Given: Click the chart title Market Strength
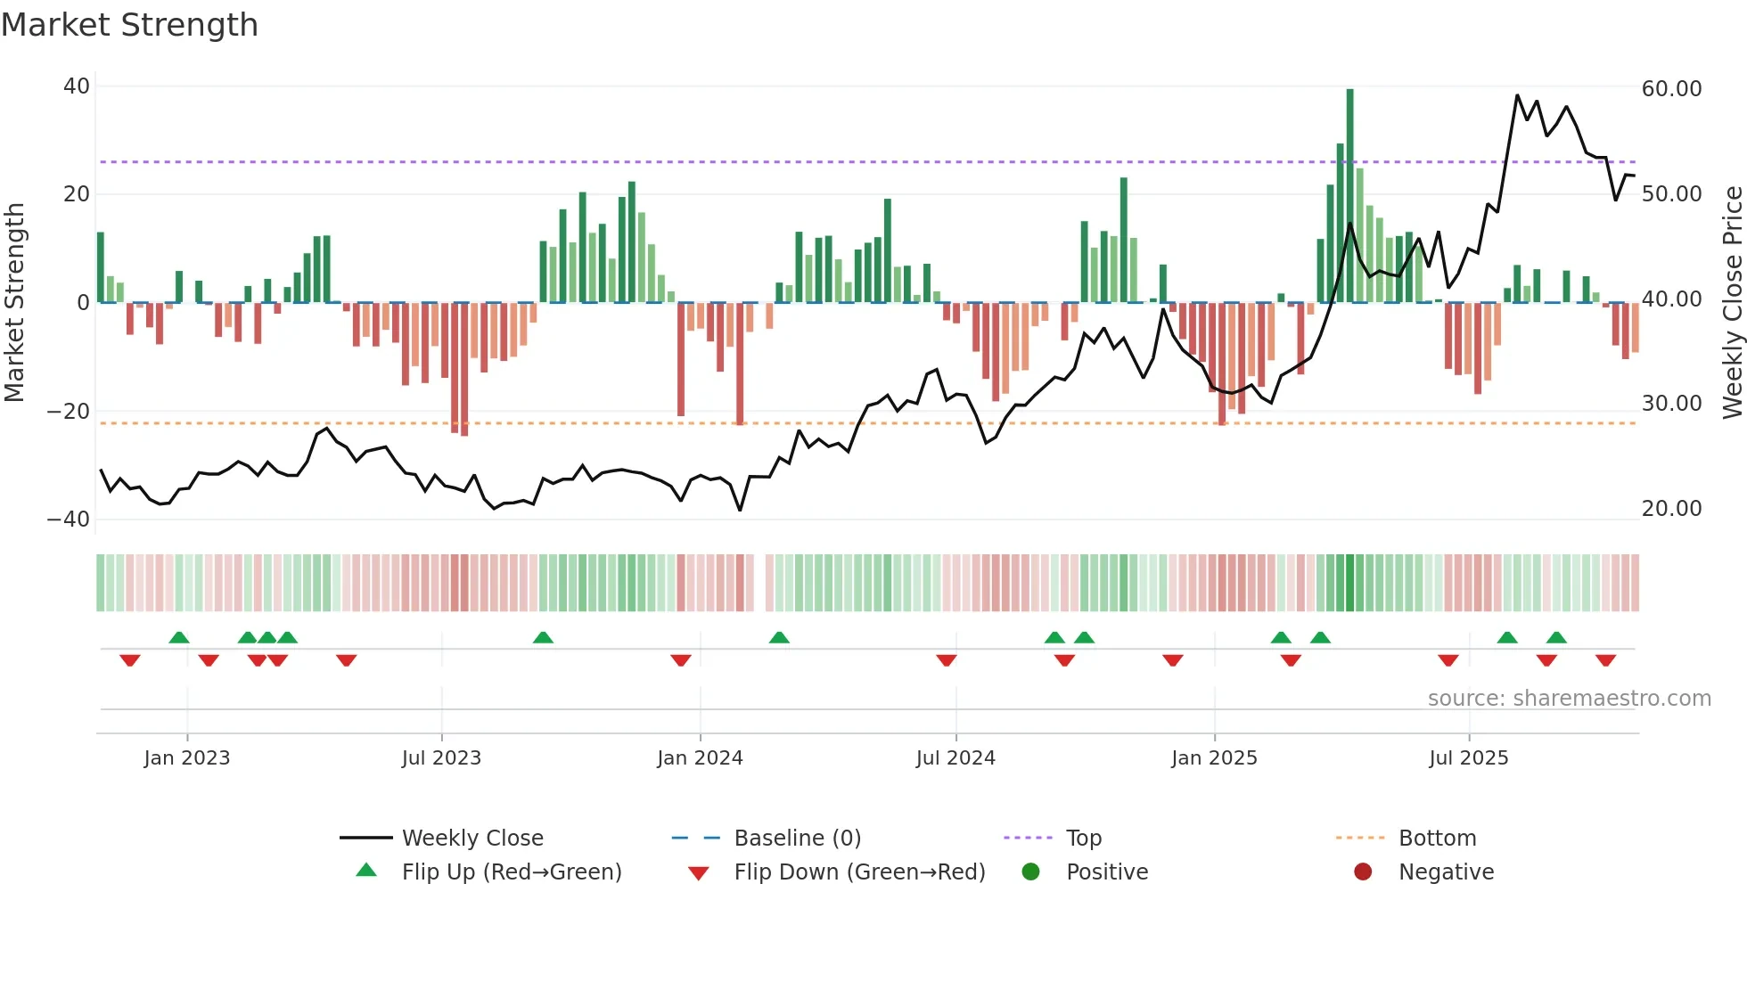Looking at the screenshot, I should pyautogui.click(x=129, y=25).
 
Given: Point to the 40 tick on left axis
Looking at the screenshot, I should pyautogui.click(x=77, y=86).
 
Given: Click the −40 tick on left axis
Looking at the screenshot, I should pyautogui.click(x=69, y=519).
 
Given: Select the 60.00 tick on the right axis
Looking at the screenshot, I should pyautogui.click(x=1671, y=88).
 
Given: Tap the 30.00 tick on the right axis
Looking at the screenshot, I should pyautogui.click(x=1671, y=404).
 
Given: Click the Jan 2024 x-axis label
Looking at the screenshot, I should pyautogui.click(x=700, y=758).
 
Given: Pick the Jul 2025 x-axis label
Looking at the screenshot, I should pyautogui.click(x=1468, y=758).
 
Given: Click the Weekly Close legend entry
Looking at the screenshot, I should pyautogui.click(x=472, y=839).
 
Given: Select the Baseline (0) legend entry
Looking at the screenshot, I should pyautogui.click(x=797, y=839).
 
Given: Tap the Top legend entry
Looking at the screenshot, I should pyautogui.click(x=1083, y=839).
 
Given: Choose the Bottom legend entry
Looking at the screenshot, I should pyautogui.click(x=1437, y=839).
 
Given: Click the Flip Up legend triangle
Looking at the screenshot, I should pyautogui.click(x=366, y=871).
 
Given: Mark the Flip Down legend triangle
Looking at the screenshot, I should pyautogui.click(x=699, y=873).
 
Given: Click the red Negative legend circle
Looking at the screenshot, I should pyautogui.click(x=1363, y=872).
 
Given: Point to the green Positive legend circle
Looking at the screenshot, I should pyautogui.click(x=1030, y=872).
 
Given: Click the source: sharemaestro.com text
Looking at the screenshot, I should pyautogui.click(x=1569, y=699).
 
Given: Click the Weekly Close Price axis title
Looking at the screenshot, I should pyautogui.click(x=1732, y=303).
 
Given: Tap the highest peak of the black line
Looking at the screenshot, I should pyautogui.click(x=1517, y=95).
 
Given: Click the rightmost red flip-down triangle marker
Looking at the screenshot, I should pyautogui.click(x=1606, y=660).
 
